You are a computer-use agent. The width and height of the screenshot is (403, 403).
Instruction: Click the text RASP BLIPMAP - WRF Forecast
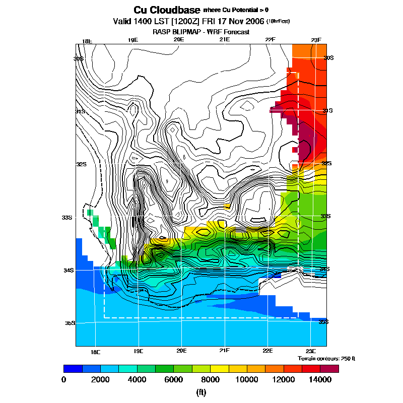pos(201,32)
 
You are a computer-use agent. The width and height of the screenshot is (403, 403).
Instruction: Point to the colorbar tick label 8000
pos(211,380)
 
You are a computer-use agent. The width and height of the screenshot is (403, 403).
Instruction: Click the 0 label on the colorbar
pos(64,380)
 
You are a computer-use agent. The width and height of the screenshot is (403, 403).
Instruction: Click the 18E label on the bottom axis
pos(95,351)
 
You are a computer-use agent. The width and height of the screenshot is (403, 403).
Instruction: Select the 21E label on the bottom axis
pos(225,351)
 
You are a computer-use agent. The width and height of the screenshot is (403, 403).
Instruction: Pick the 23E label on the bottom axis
pos(311,351)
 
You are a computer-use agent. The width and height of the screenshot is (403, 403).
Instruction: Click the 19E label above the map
pos(132,40)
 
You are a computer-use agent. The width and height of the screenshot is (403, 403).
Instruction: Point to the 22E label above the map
pos(271,40)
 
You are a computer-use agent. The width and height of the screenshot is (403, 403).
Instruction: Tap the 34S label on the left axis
pos(68,270)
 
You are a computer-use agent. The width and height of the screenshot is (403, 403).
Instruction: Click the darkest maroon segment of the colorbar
pos(329,368)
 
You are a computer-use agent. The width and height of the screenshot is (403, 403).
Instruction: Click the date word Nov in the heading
pos(236,22)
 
